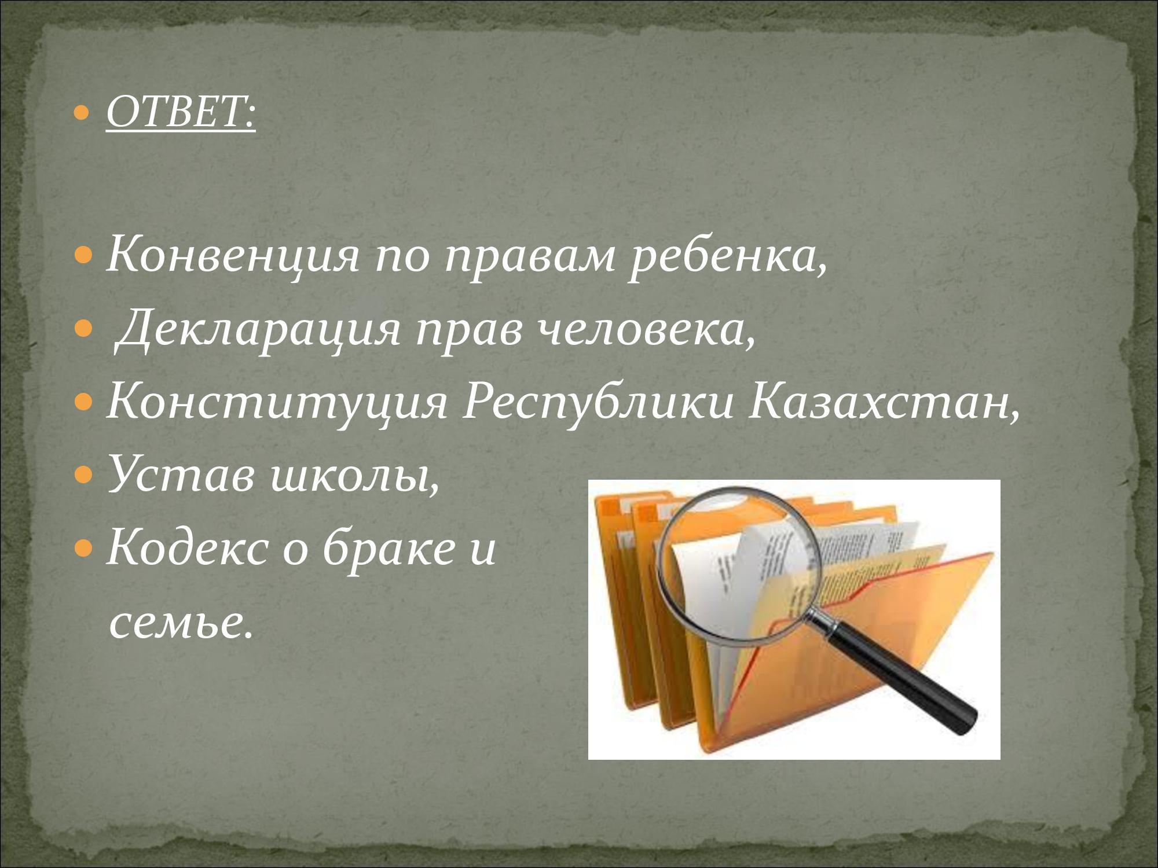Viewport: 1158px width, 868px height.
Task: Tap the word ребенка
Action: pyautogui.click(x=727, y=255)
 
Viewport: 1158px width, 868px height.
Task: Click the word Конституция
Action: pyautogui.click(x=277, y=403)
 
